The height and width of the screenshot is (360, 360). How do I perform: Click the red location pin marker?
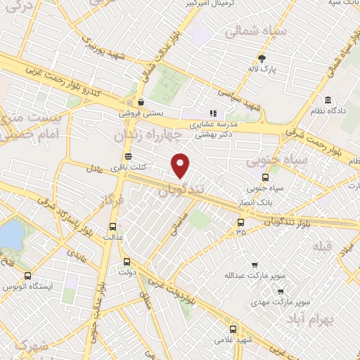[181, 165]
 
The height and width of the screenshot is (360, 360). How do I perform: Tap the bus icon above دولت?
[127, 259]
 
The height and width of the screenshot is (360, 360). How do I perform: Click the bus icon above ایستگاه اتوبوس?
[27, 276]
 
